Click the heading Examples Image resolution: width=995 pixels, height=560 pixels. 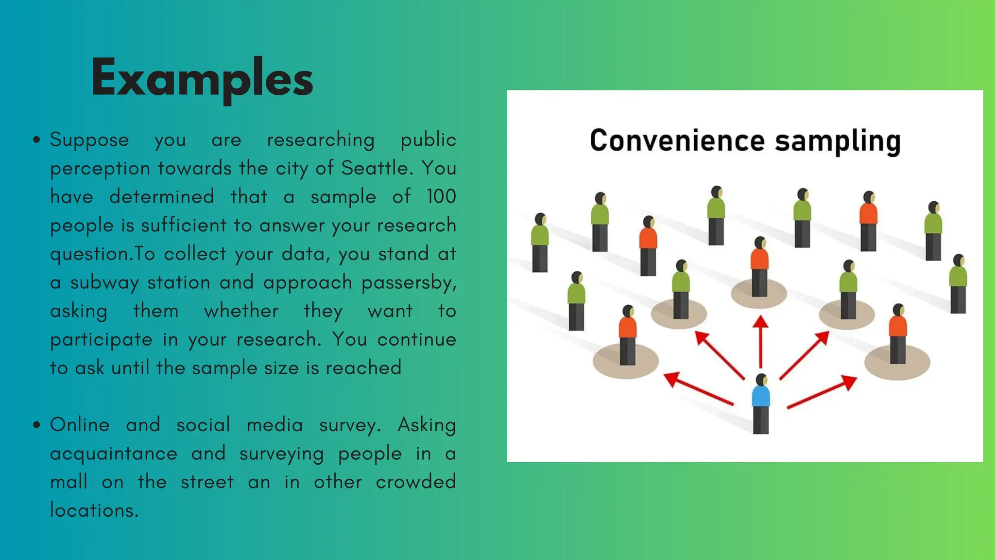tap(202, 78)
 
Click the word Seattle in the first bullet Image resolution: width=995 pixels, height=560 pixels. tap(377, 168)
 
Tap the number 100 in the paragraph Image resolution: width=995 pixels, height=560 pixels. tap(441, 196)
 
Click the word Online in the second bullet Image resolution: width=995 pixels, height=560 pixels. tap(80, 425)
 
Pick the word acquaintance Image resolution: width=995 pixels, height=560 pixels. tap(114, 454)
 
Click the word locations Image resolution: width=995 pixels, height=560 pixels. tap(94, 510)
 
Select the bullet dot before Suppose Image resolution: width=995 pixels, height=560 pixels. tap(36, 140)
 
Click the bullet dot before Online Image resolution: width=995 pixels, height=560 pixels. tap(36, 425)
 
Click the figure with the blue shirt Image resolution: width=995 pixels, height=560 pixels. tap(761, 403)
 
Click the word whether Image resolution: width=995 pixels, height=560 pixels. tap(241, 311)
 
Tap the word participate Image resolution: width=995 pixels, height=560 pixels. tap(101, 340)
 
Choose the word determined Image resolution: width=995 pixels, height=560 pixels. tap(161, 196)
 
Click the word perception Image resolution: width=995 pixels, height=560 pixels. tap(100, 169)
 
